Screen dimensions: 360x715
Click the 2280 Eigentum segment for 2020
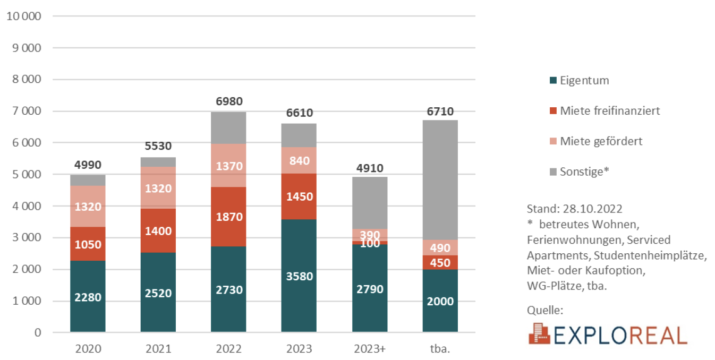pyautogui.click(x=88, y=297)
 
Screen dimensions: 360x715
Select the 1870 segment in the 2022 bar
pyautogui.click(x=228, y=217)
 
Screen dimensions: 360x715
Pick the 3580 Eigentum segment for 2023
pyautogui.click(x=299, y=276)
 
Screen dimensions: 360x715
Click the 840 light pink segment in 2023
pyautogui.click(x=299, y=160)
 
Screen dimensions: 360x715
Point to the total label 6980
pyautogui.click(x=228, y=100)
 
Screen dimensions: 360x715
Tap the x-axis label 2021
pyautogui.click(x=158, y=349)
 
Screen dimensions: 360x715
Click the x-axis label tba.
pyautogui.click(x=440, y=349)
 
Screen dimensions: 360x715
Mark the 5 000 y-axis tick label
pyautogui.click(x=27, y=174)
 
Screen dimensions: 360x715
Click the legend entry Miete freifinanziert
pyautogui.click(x=610, y=110)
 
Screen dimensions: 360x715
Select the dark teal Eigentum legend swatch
pyautogui.click(x=553, y=81)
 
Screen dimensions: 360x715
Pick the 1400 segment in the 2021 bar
pyautogui.click(x=158, y=230)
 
